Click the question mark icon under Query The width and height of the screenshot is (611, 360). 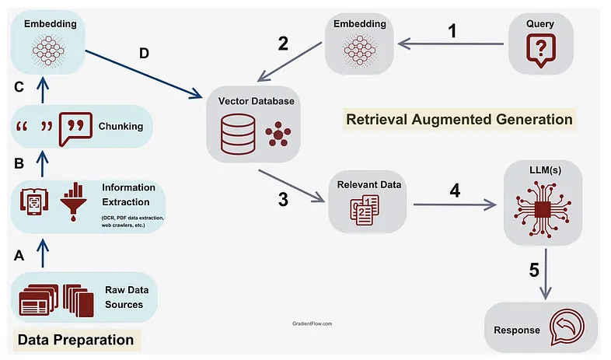click(540, 51)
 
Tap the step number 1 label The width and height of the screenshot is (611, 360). click(452, 31)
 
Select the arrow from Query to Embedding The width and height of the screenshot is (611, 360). click(451, 44)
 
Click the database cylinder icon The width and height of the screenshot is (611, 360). click(238, 135)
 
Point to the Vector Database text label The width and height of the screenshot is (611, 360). click(256, 101)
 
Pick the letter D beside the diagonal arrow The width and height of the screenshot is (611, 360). click(144, 54)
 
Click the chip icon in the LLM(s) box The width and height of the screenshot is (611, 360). click(543, 210)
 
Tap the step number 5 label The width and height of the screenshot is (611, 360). click(534, 270)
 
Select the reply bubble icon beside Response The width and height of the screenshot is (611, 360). click(567, 327)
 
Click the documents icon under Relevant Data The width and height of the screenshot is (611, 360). click(365, 211)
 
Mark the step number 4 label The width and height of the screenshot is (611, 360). click(455, 190)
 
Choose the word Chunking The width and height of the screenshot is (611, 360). click(120, 126)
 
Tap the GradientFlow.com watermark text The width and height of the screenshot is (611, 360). click(312, 323)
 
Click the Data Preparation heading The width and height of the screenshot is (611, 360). click(75, 340)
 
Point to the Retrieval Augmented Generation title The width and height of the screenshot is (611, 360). click(459, 119)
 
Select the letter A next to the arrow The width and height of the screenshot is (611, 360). click(19, 256)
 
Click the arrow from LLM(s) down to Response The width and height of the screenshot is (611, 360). click(546, 274)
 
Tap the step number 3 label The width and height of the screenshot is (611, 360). click(283, 200)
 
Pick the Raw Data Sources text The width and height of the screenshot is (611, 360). click(127, 297)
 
